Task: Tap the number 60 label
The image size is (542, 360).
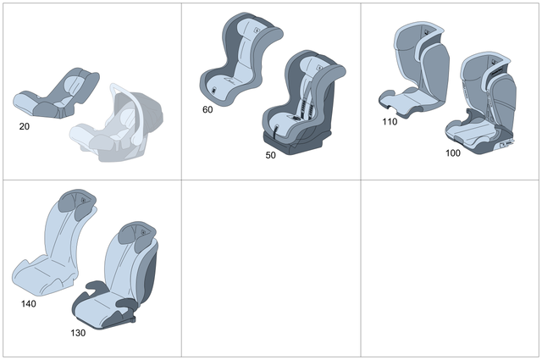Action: [x=208, y=109]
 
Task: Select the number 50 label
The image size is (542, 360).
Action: [x=270, y=156]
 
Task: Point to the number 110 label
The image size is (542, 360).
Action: [x=390, y=121]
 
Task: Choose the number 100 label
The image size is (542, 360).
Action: [x=453, y=153]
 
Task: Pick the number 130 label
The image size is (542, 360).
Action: [x=78, y=332]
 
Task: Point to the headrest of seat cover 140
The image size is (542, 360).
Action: [x=76, y=204]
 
